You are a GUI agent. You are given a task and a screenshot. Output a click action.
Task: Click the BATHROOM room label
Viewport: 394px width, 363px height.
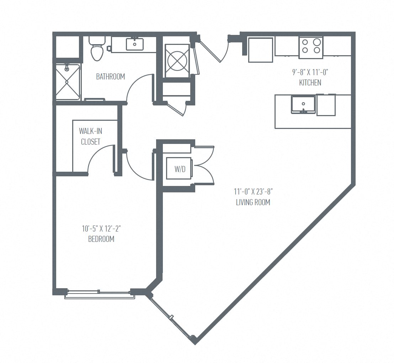point(110,77)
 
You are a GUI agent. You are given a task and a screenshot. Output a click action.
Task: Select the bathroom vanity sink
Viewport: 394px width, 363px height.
point(135,45)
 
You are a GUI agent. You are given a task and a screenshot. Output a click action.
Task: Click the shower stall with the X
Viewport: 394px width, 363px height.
point(68,82)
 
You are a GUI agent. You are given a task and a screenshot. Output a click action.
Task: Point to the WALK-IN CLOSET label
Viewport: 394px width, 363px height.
point(90,136)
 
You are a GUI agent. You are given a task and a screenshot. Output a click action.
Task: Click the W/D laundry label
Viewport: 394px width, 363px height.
point(180,170)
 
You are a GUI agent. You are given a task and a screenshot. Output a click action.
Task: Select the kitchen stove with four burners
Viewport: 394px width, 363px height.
point(311,46)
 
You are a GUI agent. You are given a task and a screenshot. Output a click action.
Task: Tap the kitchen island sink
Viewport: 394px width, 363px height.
point(303,104)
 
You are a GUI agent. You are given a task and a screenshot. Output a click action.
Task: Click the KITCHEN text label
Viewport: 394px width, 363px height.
point(310,83)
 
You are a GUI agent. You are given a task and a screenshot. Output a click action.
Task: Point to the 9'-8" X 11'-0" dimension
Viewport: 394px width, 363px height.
point(310,72)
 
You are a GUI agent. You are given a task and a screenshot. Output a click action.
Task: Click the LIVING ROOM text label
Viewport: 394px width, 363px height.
point(253,202)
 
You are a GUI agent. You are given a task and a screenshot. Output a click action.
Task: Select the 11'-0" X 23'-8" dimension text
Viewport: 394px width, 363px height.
point(253,192)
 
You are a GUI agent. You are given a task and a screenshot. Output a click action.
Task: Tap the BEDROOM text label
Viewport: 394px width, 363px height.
point(101,239)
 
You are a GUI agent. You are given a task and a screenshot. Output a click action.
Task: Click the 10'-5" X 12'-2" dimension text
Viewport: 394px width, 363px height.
point(101,229)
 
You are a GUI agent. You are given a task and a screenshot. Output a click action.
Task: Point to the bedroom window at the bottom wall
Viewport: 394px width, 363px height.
point(100,294)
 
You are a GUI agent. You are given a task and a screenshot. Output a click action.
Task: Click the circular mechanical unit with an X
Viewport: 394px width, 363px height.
point(177,61)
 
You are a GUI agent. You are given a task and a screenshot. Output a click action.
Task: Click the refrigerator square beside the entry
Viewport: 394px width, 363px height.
point(260,50)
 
